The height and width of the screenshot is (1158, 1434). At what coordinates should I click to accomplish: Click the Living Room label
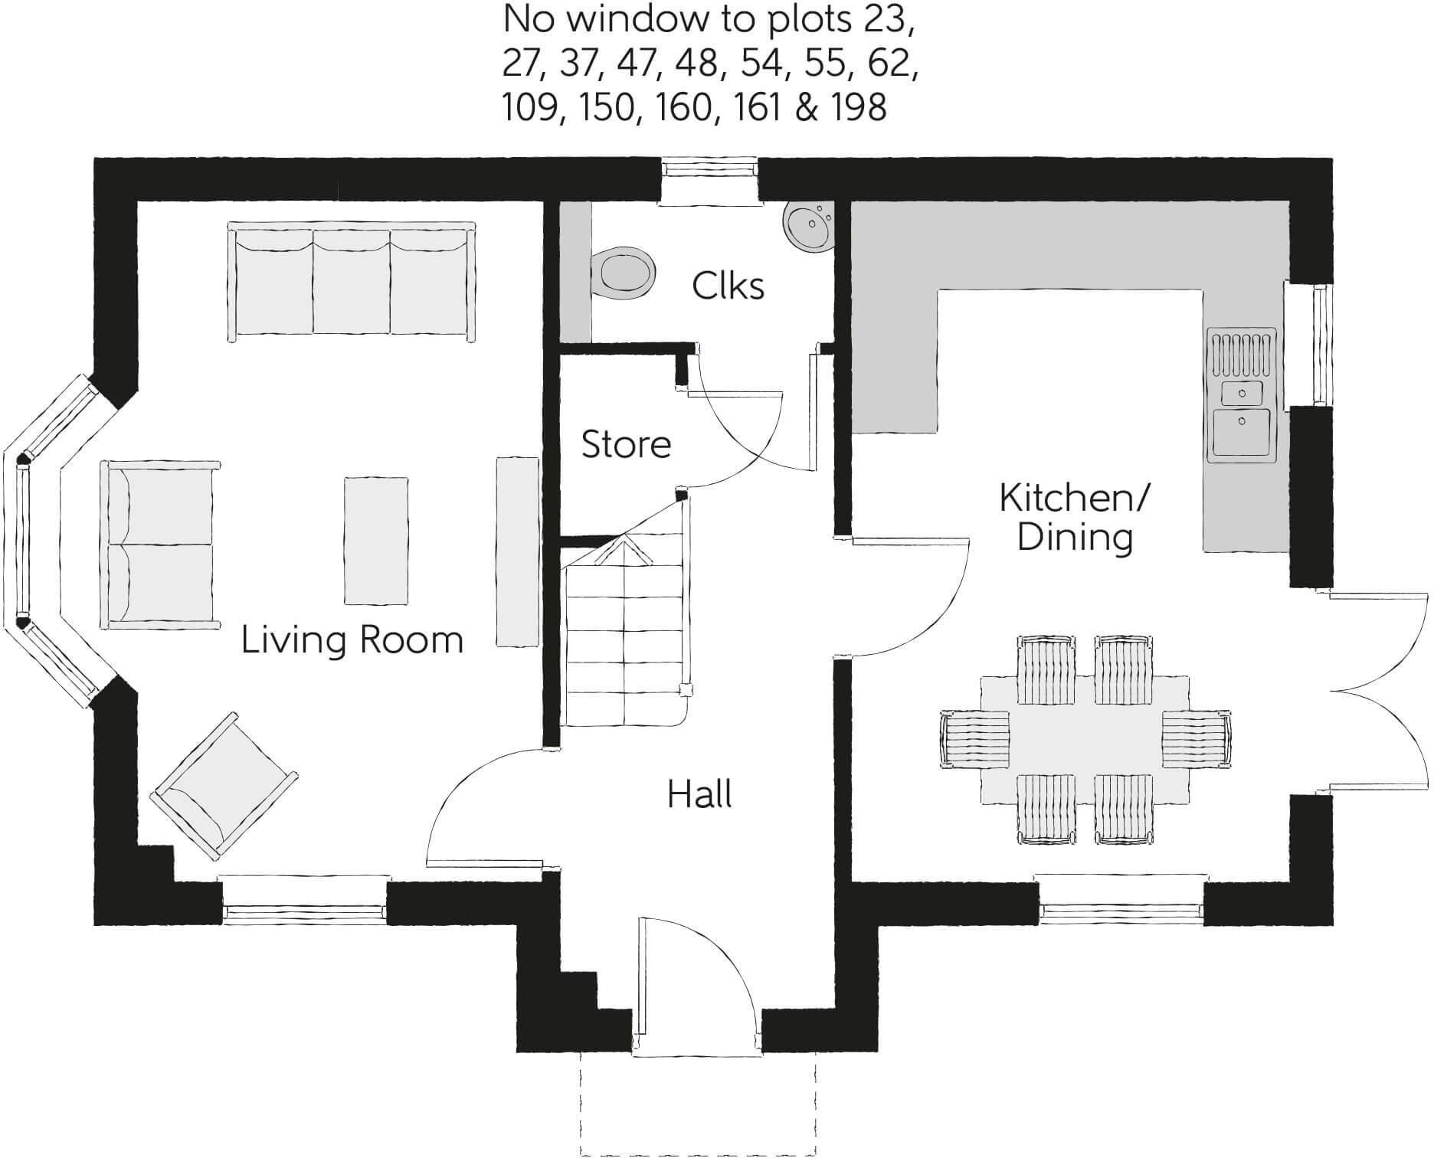coord(352,640)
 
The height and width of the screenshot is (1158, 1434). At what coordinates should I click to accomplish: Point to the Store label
coord(626,444)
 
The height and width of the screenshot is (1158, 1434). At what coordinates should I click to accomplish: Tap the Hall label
coord(699,794)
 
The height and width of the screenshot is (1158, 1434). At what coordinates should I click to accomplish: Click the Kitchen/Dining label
coord(1074,518)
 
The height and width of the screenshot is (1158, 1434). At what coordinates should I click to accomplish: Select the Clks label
coord(728,286)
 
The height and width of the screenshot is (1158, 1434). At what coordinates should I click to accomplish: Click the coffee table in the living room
coord(375,541)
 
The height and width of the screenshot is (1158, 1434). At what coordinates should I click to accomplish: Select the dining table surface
coord(1085,739)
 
